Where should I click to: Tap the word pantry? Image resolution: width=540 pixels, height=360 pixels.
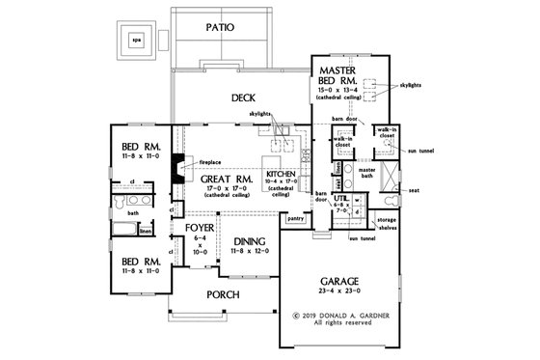(297, 219)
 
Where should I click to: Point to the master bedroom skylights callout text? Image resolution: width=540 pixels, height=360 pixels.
(413, 85)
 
